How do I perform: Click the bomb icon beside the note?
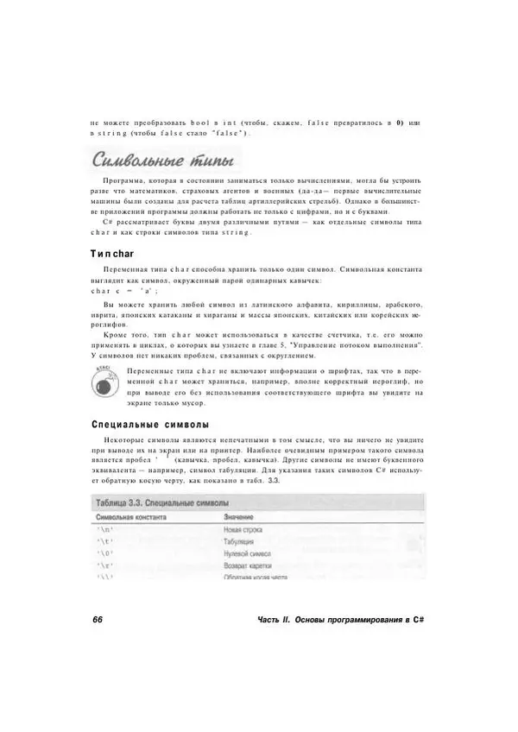pos(107,381)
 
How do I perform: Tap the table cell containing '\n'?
pos(106,529)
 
